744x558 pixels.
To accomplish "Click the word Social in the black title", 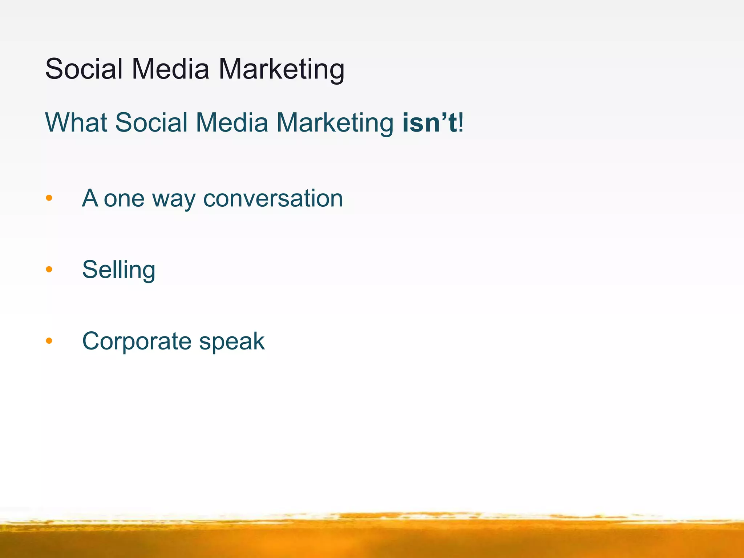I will coord(84,69).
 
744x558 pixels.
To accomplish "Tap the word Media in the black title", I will coord(170,69).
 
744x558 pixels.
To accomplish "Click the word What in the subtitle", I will coord(76,122).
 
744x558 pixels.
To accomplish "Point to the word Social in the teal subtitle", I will coord(151,122).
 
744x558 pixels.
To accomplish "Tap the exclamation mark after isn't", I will coord(461,122).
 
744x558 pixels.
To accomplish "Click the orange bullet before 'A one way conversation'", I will coord(49,198).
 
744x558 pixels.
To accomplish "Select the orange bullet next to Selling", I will coord(49,270).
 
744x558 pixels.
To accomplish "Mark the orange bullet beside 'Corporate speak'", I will coord(49,341).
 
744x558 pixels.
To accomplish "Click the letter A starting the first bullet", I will coord(90,198).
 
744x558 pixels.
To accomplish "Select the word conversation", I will coord(273,198).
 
